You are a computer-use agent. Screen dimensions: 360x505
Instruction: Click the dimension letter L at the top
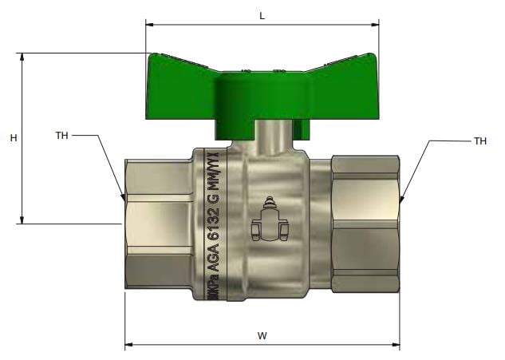[x=261, y=14]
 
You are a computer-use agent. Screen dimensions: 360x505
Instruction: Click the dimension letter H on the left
[x=14, y=138]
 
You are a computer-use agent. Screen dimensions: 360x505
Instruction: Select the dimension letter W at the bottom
[x=262, y=336]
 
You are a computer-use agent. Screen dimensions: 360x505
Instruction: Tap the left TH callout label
[x=61, y=135]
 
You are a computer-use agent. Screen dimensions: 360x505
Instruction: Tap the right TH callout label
[x=479, y=141]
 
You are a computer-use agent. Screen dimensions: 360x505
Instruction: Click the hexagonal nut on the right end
[x=365, y=224]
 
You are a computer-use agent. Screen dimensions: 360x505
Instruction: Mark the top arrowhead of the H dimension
[x=22, y=57]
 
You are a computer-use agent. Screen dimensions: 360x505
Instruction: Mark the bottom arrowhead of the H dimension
[x=22, y=220]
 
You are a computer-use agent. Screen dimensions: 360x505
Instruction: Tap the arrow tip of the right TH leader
[x=400, y=199]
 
